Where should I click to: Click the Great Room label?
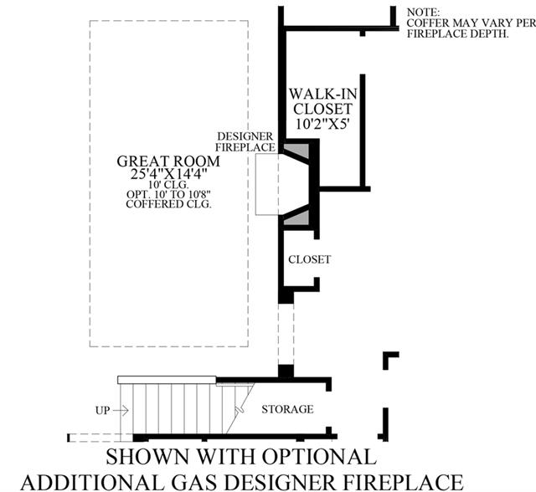click(x=168, y=161)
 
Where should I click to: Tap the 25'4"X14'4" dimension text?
click(x=169, y=174)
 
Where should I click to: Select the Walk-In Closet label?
click(x=322, y=101)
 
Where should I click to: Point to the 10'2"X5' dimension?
click(x=322, y=124)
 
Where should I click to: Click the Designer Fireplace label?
click(x=245, y=141)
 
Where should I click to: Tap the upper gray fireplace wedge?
click(x=296, y=151)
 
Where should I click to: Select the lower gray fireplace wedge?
click(x=296, y=218)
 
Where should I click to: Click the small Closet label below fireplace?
click(x=309, y=259)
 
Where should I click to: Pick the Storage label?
click(x=287, y=409)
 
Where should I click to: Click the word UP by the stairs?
click(x=102, y=410)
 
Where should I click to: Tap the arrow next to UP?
click(x=121, y=410)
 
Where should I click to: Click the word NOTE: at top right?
click(x=423, y=13)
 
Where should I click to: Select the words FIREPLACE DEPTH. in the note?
click(x=458, y=33)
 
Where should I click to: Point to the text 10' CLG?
click(x=168, y=185)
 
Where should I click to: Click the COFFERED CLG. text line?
click(x=168, y=204)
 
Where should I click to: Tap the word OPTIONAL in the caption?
click(x=319, y=456)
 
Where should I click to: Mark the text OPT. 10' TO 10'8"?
click(x=168, y=194)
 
